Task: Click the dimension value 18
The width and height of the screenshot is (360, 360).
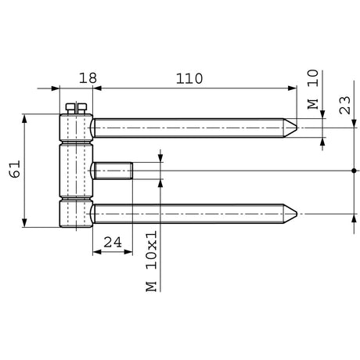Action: [88, 78]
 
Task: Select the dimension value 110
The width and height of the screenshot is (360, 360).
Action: [189, 78]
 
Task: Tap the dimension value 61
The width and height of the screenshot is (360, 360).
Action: [15, 169]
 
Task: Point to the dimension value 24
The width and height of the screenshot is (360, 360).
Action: [113, 243]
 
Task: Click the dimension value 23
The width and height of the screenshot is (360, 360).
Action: [345, 105]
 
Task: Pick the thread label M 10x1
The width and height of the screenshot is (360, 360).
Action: [151, 261]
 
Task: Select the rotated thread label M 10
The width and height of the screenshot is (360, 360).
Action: [313, 89]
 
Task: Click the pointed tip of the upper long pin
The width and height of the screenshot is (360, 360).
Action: [297, 128]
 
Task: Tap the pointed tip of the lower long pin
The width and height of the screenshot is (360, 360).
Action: [297, 214]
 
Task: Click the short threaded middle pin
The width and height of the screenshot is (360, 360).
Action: [112, 171]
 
